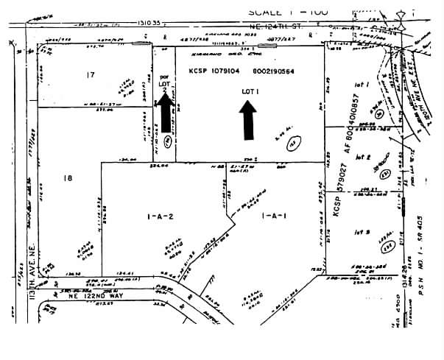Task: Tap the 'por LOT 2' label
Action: click(164, 82)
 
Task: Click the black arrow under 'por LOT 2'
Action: click(166, 115)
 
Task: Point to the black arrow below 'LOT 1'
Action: click(248, 119)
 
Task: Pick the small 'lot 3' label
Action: click(361, 233)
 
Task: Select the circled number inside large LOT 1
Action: click(292, 140)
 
